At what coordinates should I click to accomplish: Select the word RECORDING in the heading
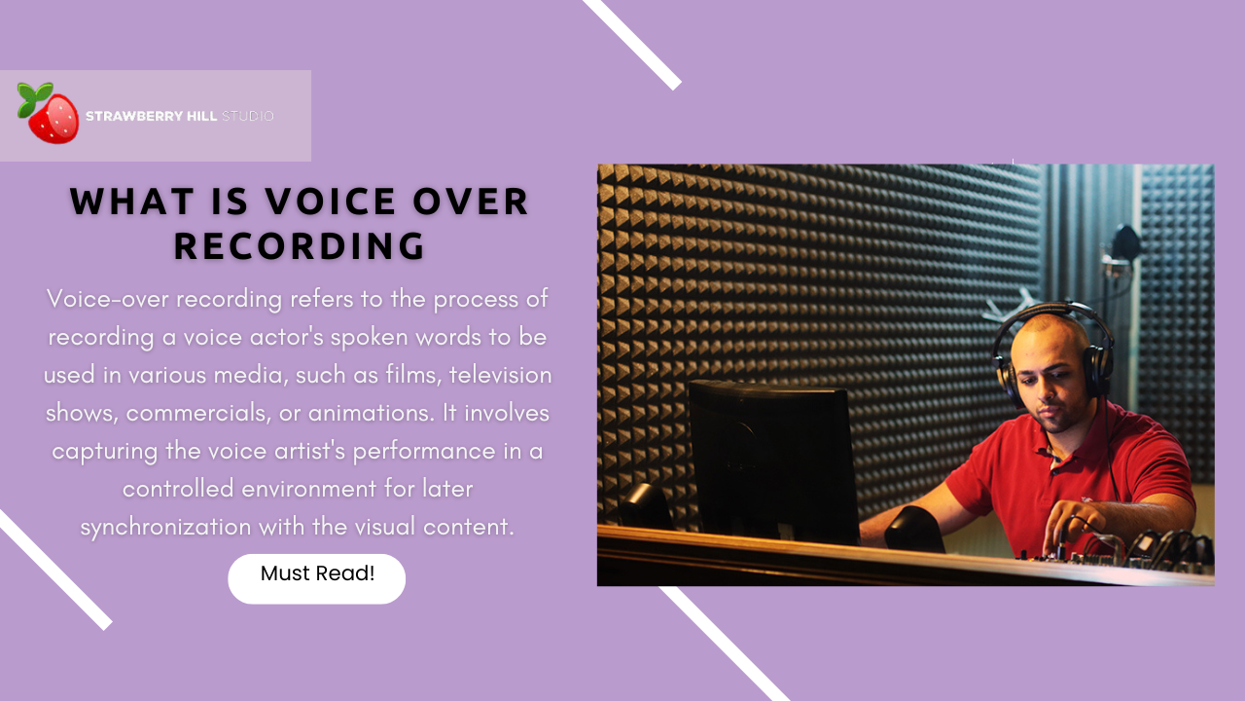300,245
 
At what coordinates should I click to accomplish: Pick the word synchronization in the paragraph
164,527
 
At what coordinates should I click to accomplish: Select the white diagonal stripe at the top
632,44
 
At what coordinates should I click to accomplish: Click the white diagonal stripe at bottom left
55,570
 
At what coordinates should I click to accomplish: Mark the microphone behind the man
1126,243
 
